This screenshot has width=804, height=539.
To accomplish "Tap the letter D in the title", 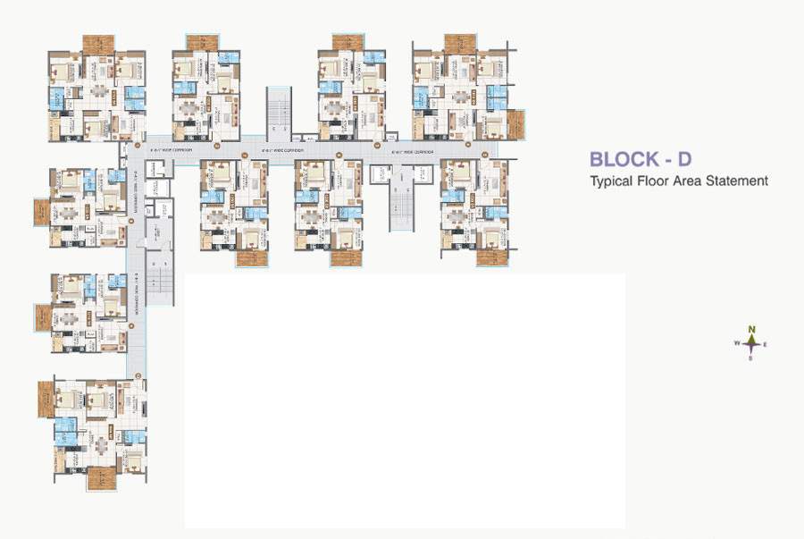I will [683, 160].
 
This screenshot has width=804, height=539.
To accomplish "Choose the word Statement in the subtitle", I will [737, 180].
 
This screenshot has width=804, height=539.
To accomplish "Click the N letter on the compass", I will [752, 329].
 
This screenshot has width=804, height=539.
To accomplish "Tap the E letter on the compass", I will [766, 344].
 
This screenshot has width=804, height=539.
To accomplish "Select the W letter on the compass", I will [737, 343].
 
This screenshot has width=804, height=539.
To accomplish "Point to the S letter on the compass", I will [751, 358].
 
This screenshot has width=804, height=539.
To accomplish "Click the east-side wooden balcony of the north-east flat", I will [515, 124].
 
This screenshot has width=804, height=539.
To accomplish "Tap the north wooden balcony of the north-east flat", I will [459, 42].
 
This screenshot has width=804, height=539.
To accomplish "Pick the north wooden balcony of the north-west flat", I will [98, 43].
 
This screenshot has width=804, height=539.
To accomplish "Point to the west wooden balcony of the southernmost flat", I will [46, 399].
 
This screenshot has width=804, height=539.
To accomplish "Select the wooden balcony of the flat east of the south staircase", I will [492, 257].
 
